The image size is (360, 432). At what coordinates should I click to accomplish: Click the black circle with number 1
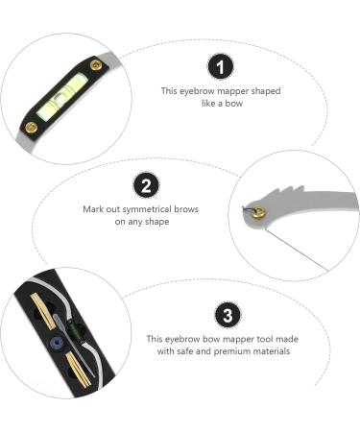click(x=222, y=67)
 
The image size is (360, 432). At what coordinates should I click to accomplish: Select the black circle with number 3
click(x=226, y=315)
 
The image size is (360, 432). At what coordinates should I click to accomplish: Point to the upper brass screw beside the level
click(x=96, y=65)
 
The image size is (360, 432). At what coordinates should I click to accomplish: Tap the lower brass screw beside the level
click(x=31, y=126)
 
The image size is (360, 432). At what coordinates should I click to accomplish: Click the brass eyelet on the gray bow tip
click(x=257, y=216)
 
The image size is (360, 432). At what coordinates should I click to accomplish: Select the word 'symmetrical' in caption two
click(x=156, y=207)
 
